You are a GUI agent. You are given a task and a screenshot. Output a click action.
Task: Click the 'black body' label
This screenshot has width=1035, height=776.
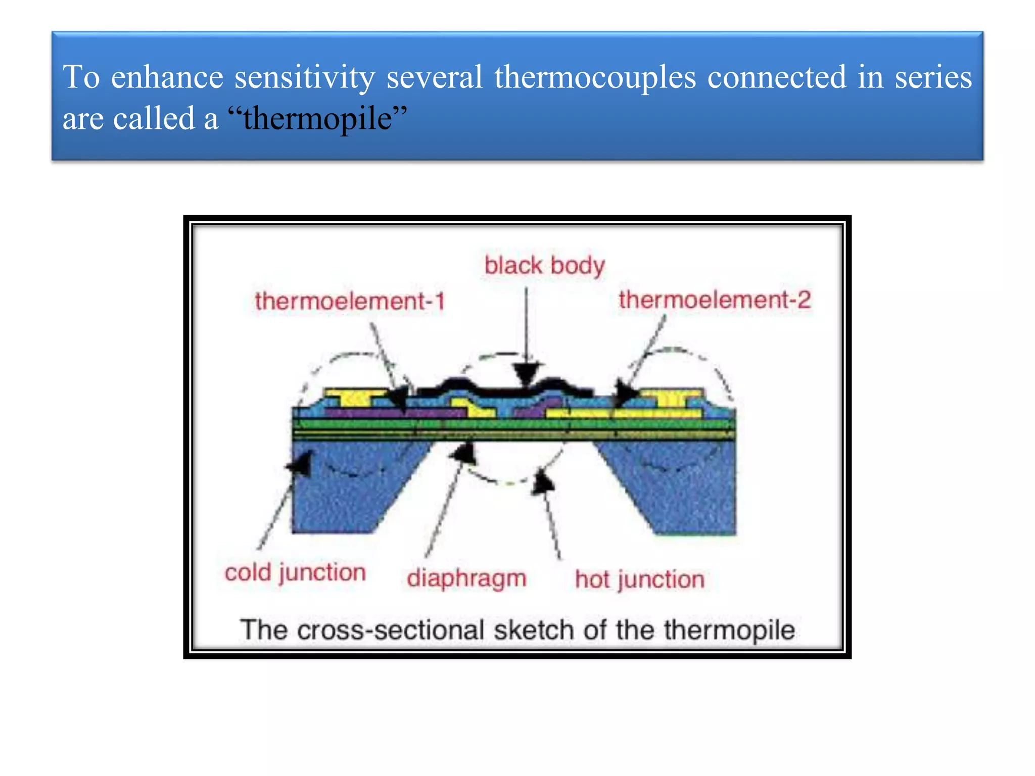coord(544,266)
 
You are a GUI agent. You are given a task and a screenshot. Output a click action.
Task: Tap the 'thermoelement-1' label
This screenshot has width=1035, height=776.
coord(350,302)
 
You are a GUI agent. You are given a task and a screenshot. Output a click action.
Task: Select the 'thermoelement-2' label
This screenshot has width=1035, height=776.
coord(715,300)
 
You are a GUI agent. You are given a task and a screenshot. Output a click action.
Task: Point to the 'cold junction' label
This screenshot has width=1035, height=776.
coord(295,573)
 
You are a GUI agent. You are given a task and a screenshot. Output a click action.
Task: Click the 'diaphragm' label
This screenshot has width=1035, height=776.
coord(466,578)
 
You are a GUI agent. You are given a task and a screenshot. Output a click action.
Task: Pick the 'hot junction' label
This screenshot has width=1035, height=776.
coord(640,579)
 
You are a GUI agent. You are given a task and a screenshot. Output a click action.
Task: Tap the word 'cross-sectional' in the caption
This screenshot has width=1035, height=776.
coord(391,630)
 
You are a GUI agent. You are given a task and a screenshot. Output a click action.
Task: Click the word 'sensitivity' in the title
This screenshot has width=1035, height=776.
coord(305,77)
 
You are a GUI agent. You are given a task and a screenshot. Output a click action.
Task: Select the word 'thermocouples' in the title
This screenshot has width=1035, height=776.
coord(595,77)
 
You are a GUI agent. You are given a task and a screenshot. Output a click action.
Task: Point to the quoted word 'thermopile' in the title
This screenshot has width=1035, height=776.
coord(318,119)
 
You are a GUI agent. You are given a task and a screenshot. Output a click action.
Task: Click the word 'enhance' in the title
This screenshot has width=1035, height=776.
coord(167,77)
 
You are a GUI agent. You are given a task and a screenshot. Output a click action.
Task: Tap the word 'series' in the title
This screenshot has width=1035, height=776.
coord(933,77)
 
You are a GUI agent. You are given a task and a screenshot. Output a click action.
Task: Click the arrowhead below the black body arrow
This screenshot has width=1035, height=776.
coord(526,373)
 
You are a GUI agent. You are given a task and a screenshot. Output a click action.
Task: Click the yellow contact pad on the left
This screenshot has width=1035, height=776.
coord(354,396)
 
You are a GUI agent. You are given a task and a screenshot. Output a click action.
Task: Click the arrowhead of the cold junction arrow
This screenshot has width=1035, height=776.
coord(301,462)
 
